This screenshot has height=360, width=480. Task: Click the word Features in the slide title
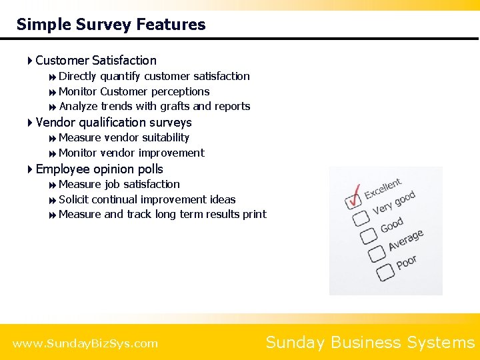click(171, 25)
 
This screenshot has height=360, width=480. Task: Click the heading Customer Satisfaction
click(96, 61)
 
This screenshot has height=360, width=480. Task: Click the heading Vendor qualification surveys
click(113, 123)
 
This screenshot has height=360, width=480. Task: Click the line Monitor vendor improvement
click(131, 153)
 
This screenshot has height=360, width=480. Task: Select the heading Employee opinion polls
click(99, 169)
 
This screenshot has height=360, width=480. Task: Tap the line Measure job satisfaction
click(119, 185)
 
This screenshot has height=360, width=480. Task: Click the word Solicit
click(74, 200)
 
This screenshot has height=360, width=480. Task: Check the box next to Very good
click(361, 218)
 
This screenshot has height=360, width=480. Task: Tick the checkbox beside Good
click(369, 236)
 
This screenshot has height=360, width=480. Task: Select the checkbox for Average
click(377, 253)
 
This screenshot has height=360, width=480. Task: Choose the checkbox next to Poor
click(385, 271)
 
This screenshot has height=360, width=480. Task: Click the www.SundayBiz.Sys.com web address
click(85, 344)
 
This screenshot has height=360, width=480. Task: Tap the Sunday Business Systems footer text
click(370, 343)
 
